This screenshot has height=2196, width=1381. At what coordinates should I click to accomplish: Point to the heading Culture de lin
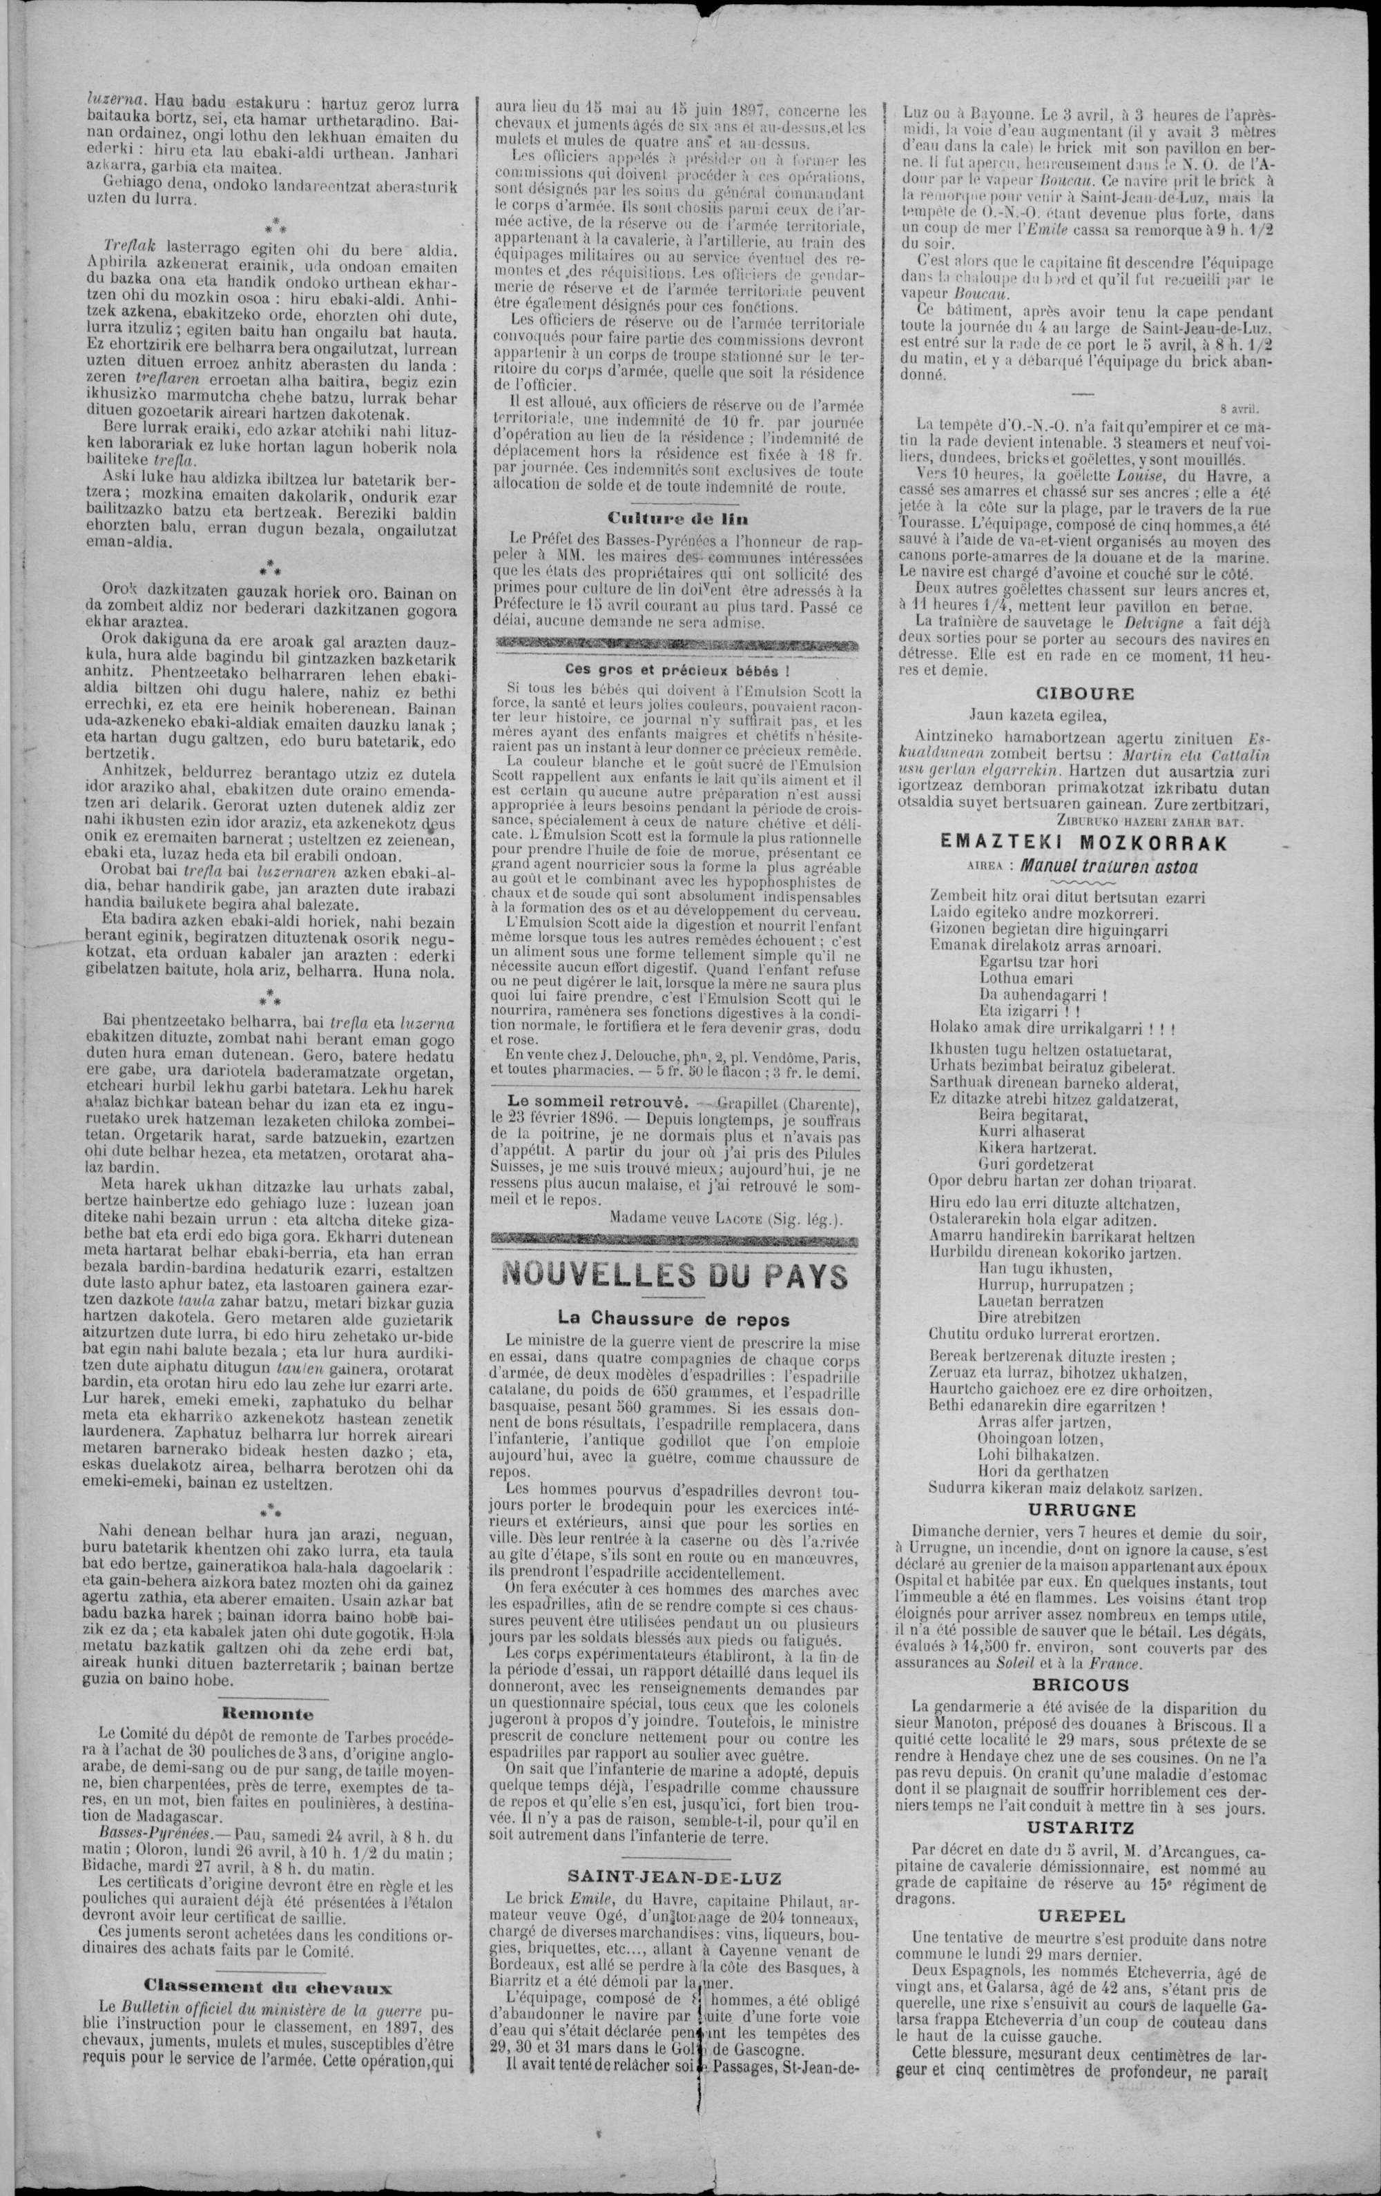point(676,517)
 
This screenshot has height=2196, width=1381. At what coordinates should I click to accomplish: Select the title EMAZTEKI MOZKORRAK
point(1083,843)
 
